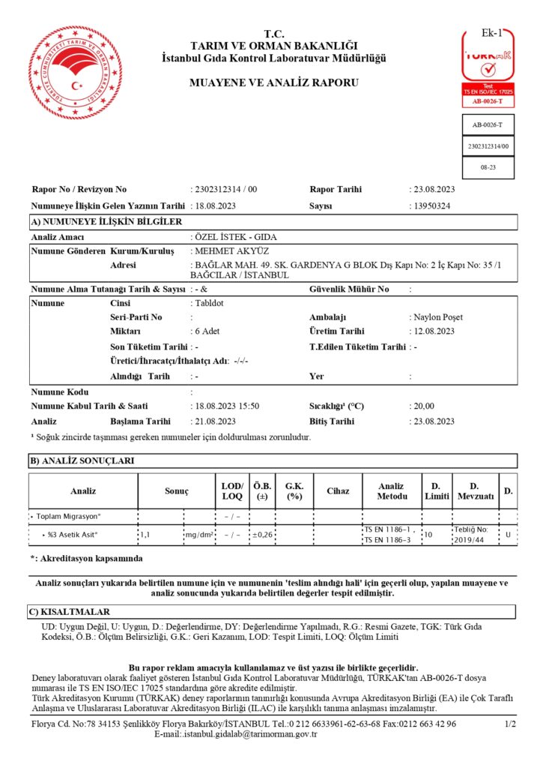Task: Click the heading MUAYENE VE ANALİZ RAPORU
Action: click(x=274, y=82)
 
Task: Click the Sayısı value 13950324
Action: click(x=431, y=205)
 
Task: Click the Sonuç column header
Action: click(x=176, y=490)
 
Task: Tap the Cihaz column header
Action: click(x=338, y=490)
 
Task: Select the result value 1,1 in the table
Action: click(x=146, y=535)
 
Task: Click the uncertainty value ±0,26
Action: click(x=262, y=535)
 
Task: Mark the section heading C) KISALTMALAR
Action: click(x=70, y=612)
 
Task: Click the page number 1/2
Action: click(x=510, y=724)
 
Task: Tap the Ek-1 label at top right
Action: click(x=490, y=33)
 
